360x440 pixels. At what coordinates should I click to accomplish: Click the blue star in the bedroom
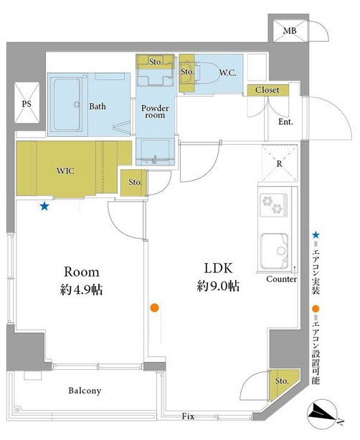44,207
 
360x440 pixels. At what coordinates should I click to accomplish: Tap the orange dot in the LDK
154,308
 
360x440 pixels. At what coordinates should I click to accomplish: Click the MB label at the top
289,30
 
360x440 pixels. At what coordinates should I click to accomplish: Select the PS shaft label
27,104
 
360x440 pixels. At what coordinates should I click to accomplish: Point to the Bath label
98,106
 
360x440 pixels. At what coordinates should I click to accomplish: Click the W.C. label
228,73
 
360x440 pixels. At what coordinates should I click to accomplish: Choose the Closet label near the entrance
267,90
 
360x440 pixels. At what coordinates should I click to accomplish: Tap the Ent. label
285,122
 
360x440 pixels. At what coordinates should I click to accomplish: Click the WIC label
65,171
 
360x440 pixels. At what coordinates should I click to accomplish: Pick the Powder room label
155,111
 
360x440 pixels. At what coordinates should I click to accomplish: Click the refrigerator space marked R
280,163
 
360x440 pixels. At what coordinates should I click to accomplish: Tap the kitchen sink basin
275,251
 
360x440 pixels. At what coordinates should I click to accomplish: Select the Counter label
281,279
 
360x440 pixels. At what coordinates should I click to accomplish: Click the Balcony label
85,391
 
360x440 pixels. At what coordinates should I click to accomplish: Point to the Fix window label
188,416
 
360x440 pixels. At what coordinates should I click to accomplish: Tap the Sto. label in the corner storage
282,381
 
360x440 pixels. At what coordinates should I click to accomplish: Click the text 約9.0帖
218,287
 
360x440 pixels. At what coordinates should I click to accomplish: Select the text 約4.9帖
81,290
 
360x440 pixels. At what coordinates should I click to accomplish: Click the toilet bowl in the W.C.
207,72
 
